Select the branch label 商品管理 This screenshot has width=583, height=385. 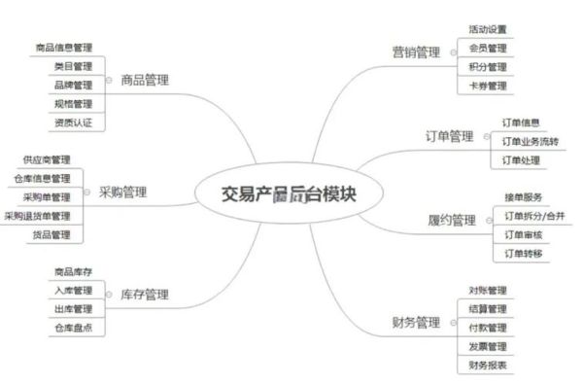[x=145, y=80]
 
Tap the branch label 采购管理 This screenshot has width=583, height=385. [x=123, y=192]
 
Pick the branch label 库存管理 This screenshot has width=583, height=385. [x=145, y=294]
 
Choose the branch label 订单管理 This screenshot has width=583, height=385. [x=449, y=136]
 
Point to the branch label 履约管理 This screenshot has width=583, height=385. [x=451, y=220]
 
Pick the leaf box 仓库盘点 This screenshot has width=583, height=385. [x=74, y=328]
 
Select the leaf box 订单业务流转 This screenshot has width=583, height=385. [x=529, y=142]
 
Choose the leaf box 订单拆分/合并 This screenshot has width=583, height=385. [x=527, y=215]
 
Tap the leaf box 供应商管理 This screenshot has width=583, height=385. [x=47, y=158]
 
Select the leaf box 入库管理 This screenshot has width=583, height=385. [x=74, y=291]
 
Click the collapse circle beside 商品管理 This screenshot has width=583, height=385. [x=110, y=80]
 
